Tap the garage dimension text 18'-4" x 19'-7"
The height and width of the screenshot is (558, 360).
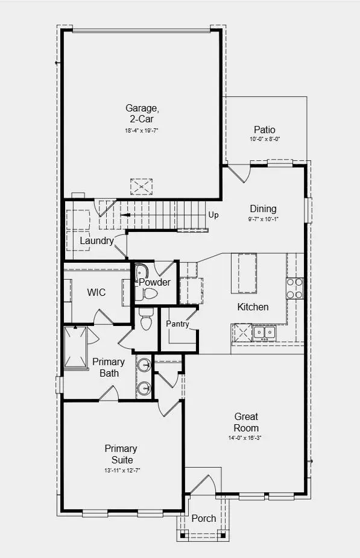142,130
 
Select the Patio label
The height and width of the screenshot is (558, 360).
265,130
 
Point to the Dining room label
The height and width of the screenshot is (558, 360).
263,209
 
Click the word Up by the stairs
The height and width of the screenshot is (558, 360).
213,215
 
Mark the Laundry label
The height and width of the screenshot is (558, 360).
97,241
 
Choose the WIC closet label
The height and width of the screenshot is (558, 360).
96,292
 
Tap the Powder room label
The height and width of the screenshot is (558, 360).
155,282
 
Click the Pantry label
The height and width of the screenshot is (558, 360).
178,324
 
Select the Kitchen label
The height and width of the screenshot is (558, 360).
253,307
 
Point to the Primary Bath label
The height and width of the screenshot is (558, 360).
109,368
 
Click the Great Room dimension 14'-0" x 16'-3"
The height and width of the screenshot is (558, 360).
246,437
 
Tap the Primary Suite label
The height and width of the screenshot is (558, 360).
121,454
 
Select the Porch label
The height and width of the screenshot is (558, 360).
203,519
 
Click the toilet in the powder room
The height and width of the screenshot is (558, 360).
149,293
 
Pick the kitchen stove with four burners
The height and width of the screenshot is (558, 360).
294,288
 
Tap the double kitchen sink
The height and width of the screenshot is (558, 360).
264,331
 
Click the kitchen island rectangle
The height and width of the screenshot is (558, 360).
248,272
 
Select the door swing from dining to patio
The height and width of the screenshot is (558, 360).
239,173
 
